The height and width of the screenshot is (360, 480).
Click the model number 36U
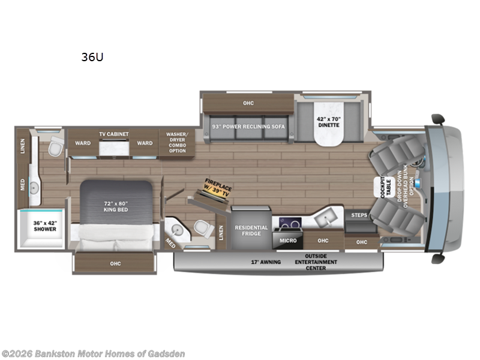click(89, 58)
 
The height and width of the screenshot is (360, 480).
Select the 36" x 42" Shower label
click(45, 226)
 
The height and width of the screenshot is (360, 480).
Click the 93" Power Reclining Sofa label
click(248, 127)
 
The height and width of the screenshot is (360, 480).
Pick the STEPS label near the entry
click(359, 215)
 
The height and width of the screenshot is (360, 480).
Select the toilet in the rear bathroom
click(55, 146)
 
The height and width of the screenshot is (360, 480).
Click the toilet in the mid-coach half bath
click(200, 229)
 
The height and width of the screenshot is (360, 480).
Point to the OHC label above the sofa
click(248, 103)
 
